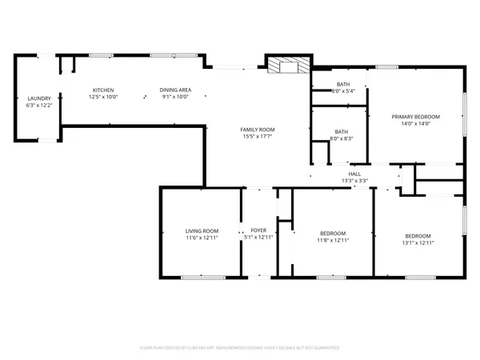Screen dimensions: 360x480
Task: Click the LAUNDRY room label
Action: point(38,98)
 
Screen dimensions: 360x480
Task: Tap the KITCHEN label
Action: point(103,90)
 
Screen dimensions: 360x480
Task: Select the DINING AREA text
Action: point(174,90)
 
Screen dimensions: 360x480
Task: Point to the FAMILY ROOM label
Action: point(258,130)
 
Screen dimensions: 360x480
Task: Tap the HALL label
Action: point(354,174)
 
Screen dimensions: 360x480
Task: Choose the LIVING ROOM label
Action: point(202,230)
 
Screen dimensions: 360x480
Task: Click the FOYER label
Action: point(258,230)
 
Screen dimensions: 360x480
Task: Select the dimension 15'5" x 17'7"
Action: point(258,136)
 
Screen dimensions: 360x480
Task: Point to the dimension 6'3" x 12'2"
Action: point(38,105)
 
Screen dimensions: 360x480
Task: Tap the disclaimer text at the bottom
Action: point(239,348)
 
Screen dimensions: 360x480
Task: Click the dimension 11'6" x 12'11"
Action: point(202,237)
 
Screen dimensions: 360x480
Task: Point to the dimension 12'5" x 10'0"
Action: point(103,96)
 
